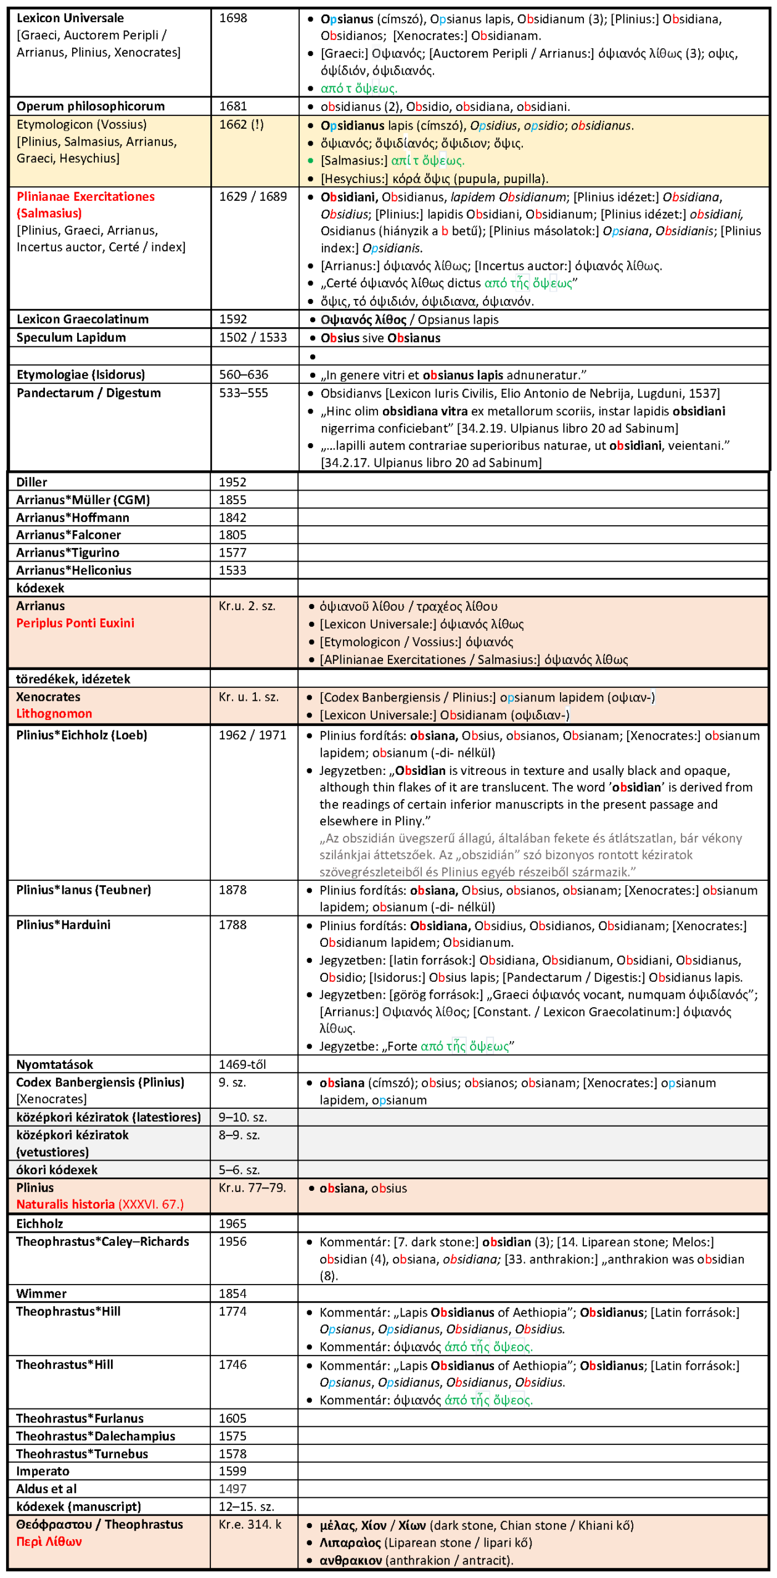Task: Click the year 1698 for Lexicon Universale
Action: [233, 18]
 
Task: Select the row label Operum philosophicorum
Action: [91, 106]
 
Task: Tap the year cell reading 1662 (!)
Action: [241, 125]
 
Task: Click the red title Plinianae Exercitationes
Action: [86, 197]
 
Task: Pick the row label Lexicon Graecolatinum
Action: [83, 319]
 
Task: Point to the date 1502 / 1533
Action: [253, 338]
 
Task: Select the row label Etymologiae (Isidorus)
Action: [81, 375]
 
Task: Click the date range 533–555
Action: [244, 393]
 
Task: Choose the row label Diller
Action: [31, 483]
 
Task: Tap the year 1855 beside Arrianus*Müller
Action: [232, 500]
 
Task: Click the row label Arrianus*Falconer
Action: [68, 535]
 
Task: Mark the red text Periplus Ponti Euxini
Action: [75, 623]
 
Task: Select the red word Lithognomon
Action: [54, 714]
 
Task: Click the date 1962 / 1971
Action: [253, 735]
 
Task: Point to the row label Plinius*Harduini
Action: [64, 925]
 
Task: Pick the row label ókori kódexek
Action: [57, 1170]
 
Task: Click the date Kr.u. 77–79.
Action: [252, 1188]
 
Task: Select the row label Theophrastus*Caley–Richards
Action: [102, 1241]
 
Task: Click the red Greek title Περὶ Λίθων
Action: [49, 1542]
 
